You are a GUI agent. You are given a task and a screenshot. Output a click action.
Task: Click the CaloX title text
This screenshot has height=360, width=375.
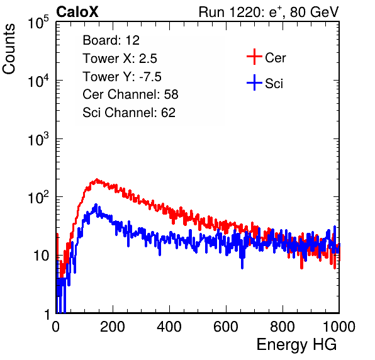[77, 12]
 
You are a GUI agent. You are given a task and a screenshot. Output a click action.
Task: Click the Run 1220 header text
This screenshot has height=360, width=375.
[269, 12]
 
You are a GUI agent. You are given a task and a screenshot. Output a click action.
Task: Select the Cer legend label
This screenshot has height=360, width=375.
[275, 58]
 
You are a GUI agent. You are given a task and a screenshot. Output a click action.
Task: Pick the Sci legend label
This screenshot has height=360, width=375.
[274, 84]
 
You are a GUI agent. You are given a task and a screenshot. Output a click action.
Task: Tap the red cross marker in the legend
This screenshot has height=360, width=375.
[254, 57]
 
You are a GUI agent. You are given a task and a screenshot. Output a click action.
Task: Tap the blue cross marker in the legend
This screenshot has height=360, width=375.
[254, 82]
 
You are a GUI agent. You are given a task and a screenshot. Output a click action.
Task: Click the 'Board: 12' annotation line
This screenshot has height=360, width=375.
[111, 40]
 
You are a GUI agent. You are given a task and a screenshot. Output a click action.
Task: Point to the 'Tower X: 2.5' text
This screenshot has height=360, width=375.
[120, 59]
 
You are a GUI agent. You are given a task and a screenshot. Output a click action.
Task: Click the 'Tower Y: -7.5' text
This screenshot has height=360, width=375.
[122, 77]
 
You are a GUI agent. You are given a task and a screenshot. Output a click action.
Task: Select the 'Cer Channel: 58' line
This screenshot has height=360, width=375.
[130, 94]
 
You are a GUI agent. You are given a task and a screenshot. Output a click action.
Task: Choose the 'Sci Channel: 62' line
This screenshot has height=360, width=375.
[129, 113]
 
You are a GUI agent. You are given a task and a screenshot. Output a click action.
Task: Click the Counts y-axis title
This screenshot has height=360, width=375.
[9, 48]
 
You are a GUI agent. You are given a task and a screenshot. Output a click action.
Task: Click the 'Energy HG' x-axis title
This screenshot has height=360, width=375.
[296, 345]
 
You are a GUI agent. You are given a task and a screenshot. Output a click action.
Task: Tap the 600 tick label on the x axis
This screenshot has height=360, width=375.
[226, 327]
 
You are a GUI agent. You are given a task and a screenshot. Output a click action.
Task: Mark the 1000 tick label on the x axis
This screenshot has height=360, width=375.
[339, 327]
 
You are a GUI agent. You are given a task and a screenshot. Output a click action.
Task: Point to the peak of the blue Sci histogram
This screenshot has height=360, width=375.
[96, 204]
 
